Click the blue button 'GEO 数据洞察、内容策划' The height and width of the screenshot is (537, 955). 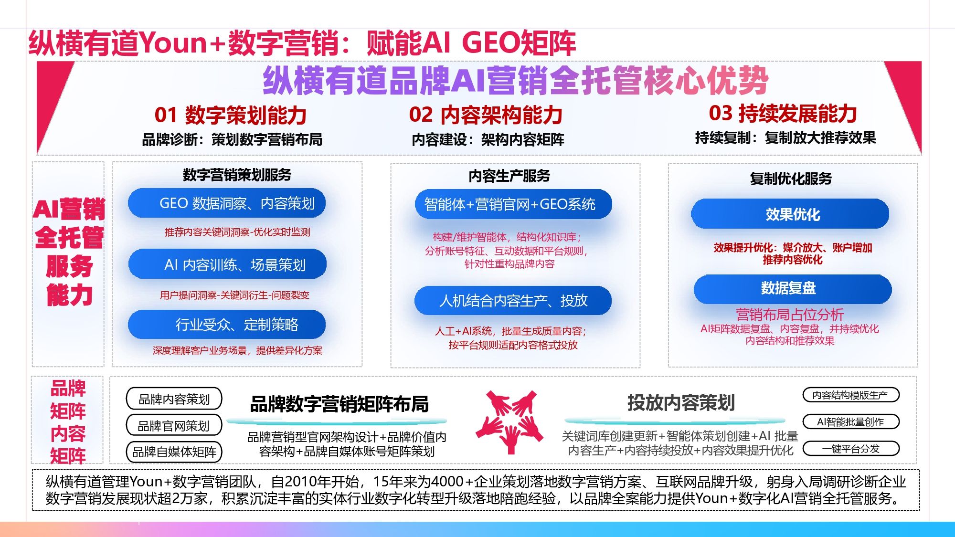tap(227, 203)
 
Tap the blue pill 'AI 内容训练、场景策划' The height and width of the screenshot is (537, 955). tap(227, 264)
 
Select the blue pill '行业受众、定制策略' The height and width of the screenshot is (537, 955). tap(227, 325)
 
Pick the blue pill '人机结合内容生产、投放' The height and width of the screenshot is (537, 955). tap(513, 301)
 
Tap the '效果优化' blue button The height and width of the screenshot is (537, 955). tap(790, 214)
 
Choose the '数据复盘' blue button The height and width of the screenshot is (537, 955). tap(792, 288)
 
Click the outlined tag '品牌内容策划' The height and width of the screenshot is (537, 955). tap(174, 399)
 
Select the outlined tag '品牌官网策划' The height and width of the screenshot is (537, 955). tap(174, 426)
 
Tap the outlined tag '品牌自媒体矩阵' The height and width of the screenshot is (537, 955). tap(174, 452)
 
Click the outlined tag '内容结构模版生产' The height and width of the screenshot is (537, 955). tap(851, 395)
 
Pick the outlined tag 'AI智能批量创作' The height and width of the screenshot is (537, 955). tap(851, 422)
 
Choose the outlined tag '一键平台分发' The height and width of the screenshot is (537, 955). tap(851, 449)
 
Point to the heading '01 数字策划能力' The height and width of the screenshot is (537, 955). tap(230, 115)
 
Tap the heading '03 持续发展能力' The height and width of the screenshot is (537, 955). tap(783, 114)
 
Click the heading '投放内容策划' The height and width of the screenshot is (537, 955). tap(680, 403)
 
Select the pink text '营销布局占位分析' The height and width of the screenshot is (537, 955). tap(790, 315)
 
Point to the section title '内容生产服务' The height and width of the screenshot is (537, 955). tap(509, 176)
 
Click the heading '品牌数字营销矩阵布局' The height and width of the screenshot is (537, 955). tap(339, 404)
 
